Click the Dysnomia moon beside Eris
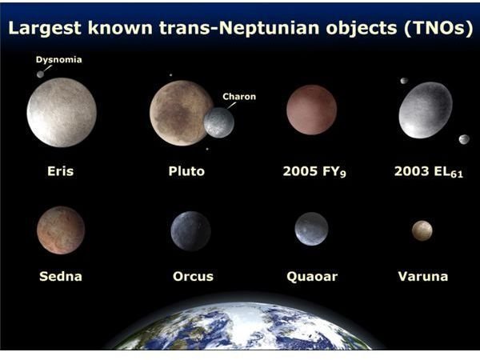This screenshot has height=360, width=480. pyautogui.click(x=40, y=74)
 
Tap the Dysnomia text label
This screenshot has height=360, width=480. pyautogui.click(x=58, y=60)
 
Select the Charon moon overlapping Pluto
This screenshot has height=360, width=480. pyautogui.click(x=219, y=122)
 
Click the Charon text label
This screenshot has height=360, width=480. pyautogui.click(x=239, y=97)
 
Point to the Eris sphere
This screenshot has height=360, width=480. pyautogui.click(x=62, y=112)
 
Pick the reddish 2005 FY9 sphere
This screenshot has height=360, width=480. pyautogui.click(x=312, y=110)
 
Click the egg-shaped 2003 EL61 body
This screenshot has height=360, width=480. pyautogui.click(x=426, y=110)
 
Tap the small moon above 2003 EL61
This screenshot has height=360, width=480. pyautogui.click(x=404, y=81)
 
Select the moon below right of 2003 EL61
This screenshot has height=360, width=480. pyautogui.click(x=464, y=139)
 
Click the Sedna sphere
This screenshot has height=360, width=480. pyautogui.click(x=61, y=230)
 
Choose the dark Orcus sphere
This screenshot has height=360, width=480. pyautogui.click(x=190, y=231)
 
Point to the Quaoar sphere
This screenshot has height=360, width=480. pyautogui.click(x=311, y=229)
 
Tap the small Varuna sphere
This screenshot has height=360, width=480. pyautogui.click(x=422, y=231)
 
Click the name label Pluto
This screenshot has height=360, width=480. pyautogui.click(x=186, y=171)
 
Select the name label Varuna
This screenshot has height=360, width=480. pyautogui.click(x=423, y=277)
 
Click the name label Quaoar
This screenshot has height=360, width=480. pyautogui.click(x=312, y=277)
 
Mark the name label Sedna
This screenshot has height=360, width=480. pyautogui.click(x=61, y=277)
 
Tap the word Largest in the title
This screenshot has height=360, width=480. pyautogui.click(x=45, y=28)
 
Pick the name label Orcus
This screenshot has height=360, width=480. pyautogui.click(x=193, y=277)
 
